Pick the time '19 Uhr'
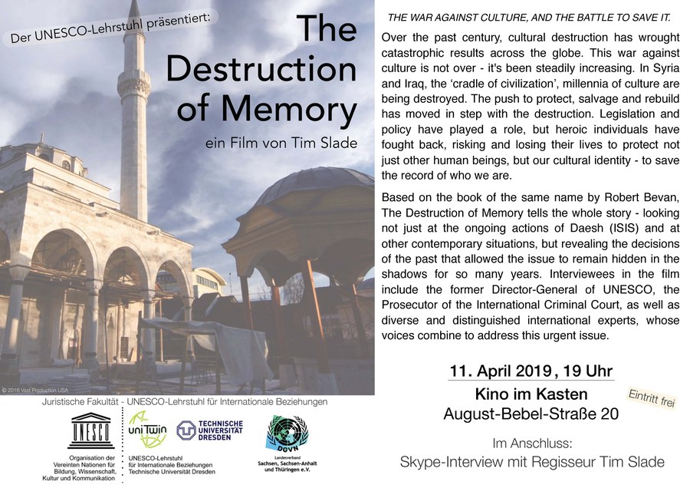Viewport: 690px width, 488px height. (584, 371)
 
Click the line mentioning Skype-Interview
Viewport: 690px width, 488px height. (531, 463)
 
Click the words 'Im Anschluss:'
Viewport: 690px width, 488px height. (531, 443)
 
